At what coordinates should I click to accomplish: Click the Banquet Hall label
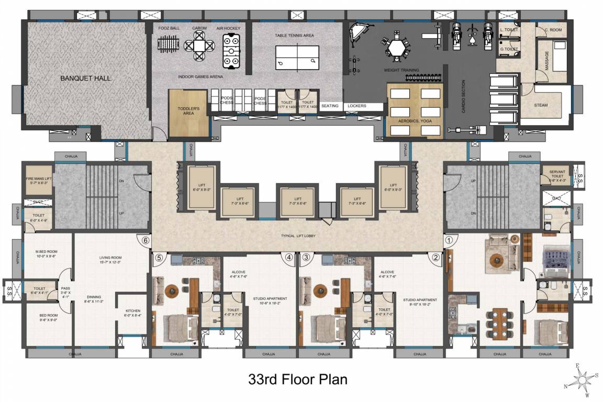(x=86, y=79)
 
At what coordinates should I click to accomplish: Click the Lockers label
(x=356, y=106)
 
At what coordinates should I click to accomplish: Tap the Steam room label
(x=541, y=105)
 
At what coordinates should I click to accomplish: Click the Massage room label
(x=547, y=60)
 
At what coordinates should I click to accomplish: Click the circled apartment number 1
(x=448, y=240)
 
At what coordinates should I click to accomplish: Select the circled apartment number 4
(x=288, y=257)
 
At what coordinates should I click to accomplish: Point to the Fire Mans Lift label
(x=39, y=181)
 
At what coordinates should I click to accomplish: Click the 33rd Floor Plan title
(x=297, y=379)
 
